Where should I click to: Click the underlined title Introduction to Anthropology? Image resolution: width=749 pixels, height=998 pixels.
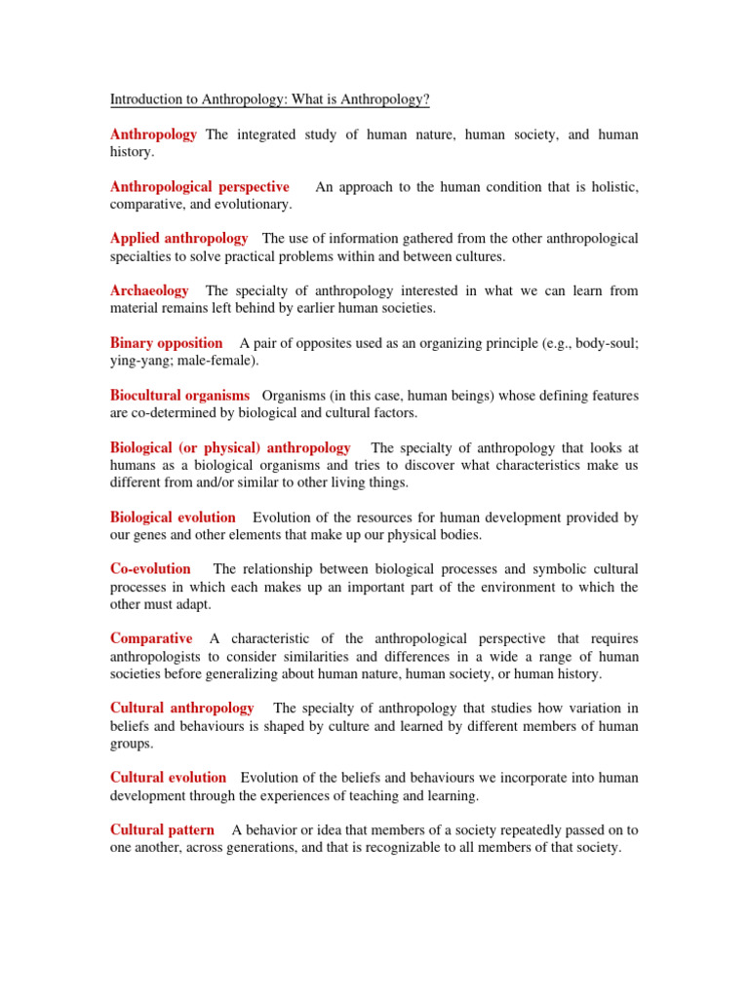[270, 99]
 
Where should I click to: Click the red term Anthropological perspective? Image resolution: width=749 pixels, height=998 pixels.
[200, 186]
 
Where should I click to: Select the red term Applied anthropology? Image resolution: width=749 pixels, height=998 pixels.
[179, 238]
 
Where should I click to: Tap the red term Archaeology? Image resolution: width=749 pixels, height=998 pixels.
[150, 290]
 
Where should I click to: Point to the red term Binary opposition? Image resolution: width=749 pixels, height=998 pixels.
[167, 342]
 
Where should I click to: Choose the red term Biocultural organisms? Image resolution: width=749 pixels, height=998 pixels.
[180, 395]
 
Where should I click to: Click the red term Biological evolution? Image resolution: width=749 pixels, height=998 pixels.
[174, 518]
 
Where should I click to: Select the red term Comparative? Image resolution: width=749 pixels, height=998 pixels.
[152, 638]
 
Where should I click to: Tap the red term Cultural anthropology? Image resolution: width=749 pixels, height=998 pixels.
[182, 708]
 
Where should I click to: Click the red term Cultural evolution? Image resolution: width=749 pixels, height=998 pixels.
[169, 777]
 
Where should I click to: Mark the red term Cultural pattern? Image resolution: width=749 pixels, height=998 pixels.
[163, 829]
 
